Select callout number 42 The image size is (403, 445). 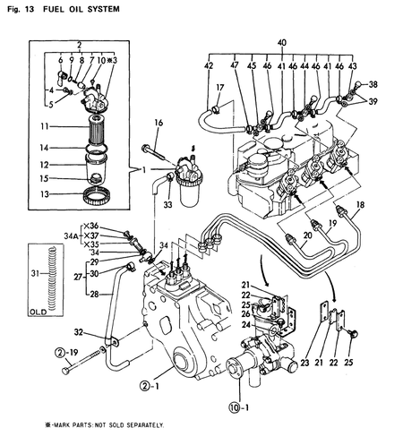209,65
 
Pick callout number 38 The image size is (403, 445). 373,83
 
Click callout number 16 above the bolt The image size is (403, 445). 158,123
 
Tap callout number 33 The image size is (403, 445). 167,204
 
